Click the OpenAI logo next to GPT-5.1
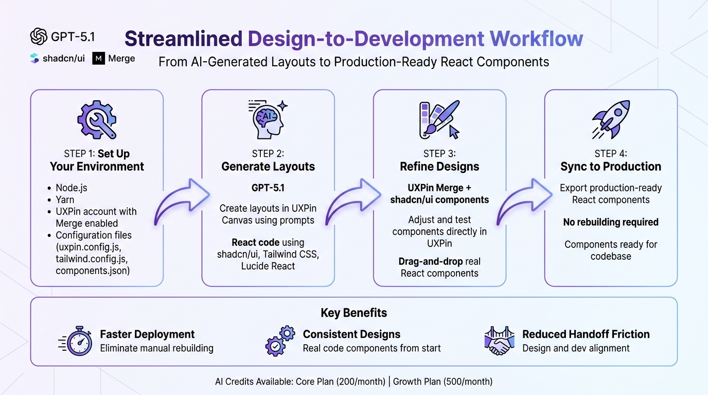pos(39,37)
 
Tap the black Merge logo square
pos(98,59)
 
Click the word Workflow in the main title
pos(536,39)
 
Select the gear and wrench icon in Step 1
pos(96,120)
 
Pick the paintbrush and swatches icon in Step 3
pos(439,120)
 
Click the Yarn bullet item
pos(65,200)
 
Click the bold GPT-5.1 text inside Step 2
pos(268,188)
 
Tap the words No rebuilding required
pos(611,222)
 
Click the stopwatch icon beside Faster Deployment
pos(76,340)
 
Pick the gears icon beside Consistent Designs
pos(280,340)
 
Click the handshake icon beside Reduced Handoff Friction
pos(499,340)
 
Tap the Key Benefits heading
pos(353,313)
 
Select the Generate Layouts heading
pos(268,167)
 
